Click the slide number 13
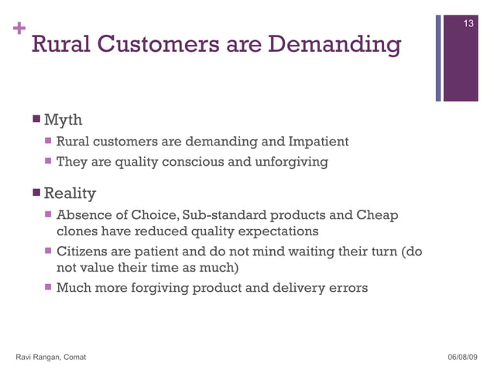[468, 25]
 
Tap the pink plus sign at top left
[19, 29]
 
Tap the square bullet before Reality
[36, 191]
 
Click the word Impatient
[318, 142]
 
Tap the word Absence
[85, 214]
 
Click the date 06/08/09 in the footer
[463, 356]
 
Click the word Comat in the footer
[76, 356]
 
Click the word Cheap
[379, 214]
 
